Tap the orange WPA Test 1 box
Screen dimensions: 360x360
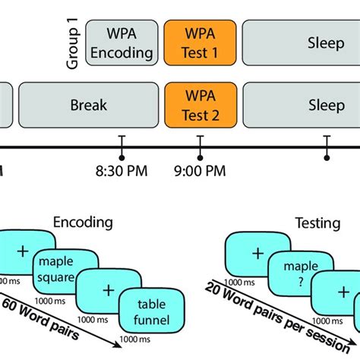coord(200,43)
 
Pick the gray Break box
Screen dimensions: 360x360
coord(88,105)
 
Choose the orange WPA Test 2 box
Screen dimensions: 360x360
coord(200,105)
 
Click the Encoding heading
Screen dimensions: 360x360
coord(83,223)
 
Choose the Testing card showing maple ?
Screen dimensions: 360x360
coord(301,273)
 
